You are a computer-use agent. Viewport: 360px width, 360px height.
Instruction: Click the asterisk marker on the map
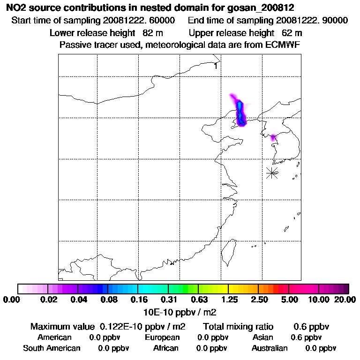point(272,172)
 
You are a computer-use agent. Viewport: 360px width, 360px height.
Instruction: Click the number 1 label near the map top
point(215,66)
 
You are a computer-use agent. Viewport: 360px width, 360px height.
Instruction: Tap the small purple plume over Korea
point(273,137)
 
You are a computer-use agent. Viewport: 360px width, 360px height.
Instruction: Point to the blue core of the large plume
point(240,111)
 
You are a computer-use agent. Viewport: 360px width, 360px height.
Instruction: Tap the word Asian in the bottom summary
point(263,337)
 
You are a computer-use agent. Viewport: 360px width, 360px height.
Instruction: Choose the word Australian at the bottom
point(270,348)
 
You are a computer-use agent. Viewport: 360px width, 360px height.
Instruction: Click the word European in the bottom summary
point(162,337)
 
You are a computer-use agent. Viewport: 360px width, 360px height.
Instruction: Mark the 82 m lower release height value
point(152,33)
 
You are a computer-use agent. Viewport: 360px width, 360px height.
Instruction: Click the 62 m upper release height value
point(292,33)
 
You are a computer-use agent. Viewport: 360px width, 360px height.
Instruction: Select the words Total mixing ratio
point(238,326)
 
